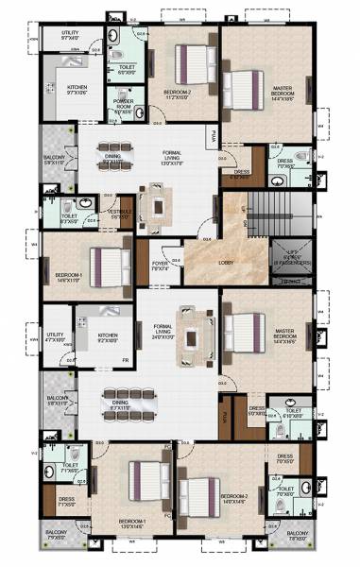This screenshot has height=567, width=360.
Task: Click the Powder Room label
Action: pyautogui.click(x=123, y=104)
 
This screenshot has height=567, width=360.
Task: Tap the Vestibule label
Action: pyautogui.click(x=120, y=214)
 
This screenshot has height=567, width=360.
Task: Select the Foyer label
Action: pyautogui.click(x=160, y=266)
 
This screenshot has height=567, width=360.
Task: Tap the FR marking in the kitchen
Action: pyautogui.click(x=126, y=360)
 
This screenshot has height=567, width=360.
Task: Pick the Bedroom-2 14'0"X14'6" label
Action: pyautogui.click(x=233, y=498)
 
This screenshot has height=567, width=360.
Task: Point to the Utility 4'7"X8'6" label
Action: pyautogui.click(x=56, y=335)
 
